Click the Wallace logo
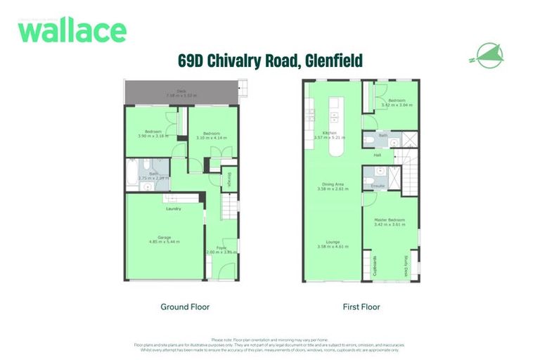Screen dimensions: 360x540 pos(72,31)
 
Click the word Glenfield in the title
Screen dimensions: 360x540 pos(332,61)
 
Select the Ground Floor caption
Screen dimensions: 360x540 pos(185,307)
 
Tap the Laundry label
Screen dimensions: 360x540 pos(174,209)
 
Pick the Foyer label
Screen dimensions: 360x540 pos(219,247)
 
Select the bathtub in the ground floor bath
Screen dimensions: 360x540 pos(134,174)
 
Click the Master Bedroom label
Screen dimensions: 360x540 pos(391,220)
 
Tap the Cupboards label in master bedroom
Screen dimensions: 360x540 pos(373,266)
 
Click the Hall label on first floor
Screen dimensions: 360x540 pos(378,155)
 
